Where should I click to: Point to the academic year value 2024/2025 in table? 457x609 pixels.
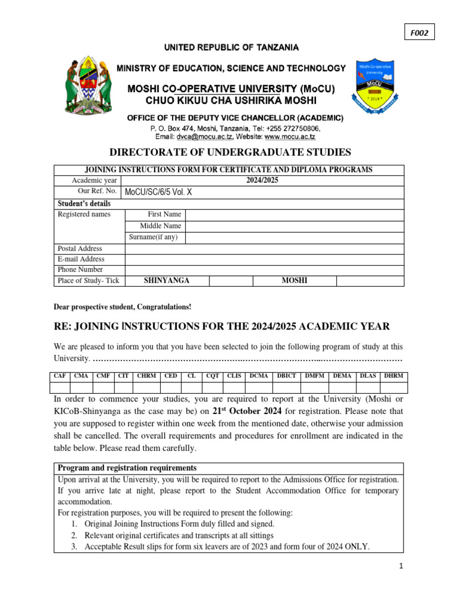[x=262, y=180]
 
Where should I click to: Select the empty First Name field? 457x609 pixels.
[x=294, y=214]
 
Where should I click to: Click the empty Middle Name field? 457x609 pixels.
[x=294, y=226]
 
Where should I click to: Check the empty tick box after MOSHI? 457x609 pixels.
[x=370, y=281]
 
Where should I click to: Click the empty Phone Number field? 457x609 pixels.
[x=264, y=269]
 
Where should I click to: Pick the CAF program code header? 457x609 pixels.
[x=60, y=376]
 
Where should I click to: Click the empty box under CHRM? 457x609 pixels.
[x=146, y=387]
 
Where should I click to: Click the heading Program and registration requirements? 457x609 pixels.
[x=127, y=468]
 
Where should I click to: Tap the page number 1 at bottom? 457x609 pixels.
[x=402, y=567]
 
